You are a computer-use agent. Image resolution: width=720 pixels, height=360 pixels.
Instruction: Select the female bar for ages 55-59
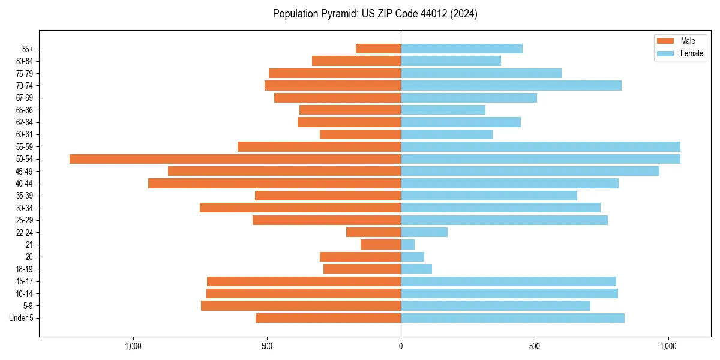click(541, 146)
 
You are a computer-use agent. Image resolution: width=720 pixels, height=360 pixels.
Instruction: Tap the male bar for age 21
click(380, 245)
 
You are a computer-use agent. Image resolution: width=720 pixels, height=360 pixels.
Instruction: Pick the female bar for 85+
click(461, 49)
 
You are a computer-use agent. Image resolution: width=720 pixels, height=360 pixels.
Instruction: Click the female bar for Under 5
click(512, 318)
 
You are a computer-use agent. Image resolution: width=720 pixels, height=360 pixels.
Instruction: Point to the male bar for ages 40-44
click(274, 184)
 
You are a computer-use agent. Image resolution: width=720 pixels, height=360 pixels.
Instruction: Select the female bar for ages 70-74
click(511, 85)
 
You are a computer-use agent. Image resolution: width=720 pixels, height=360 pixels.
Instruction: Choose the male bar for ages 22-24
click(373, 232)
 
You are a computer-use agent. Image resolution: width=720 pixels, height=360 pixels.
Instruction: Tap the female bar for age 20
click(412, 257)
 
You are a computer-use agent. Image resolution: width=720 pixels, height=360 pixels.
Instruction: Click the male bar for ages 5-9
click(301, 306)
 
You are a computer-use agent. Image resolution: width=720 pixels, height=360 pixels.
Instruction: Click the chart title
click(375, 14)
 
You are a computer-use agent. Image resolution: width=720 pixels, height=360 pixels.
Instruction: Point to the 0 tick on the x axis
click(401, 346)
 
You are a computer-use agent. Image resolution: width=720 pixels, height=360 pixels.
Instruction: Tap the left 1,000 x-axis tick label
click(133, 346)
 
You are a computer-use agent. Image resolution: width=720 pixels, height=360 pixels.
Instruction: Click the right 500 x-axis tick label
click(535, 346)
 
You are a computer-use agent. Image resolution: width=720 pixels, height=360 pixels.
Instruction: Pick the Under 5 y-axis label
click(21, 318)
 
